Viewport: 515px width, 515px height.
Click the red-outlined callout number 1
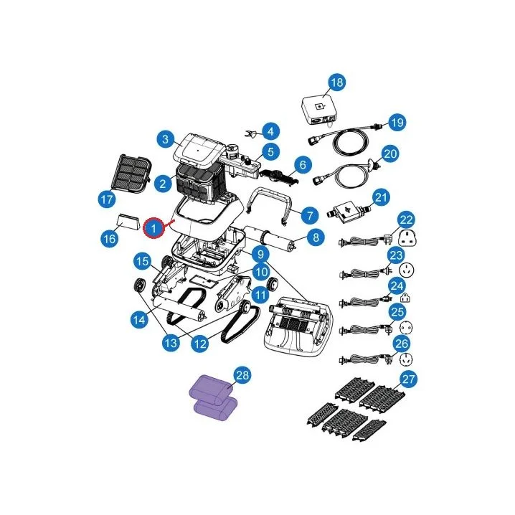(x=153, y=227)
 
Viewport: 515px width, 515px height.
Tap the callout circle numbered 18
(x=337, y=82)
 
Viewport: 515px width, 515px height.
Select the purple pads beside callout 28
(x=214, y=397)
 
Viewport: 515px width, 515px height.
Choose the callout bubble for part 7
(x=310, y=215)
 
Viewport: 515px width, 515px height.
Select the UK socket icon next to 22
(x=407, y=237)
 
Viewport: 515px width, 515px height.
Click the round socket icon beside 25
(x=406, y=328)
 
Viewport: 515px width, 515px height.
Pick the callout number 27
(x=409, y=379)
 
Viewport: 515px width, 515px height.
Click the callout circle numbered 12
(x=200, y=344)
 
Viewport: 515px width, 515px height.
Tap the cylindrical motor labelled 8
(x=270, y=237)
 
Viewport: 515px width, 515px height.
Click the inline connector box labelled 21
(x=348, y=212)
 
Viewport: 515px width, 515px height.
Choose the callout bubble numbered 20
(x=390, y=153)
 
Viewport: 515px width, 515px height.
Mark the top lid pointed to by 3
(x=198, y=149)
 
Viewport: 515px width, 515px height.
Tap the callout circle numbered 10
(x=261, y=272)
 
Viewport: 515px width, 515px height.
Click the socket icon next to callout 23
(x=407, y=270)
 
